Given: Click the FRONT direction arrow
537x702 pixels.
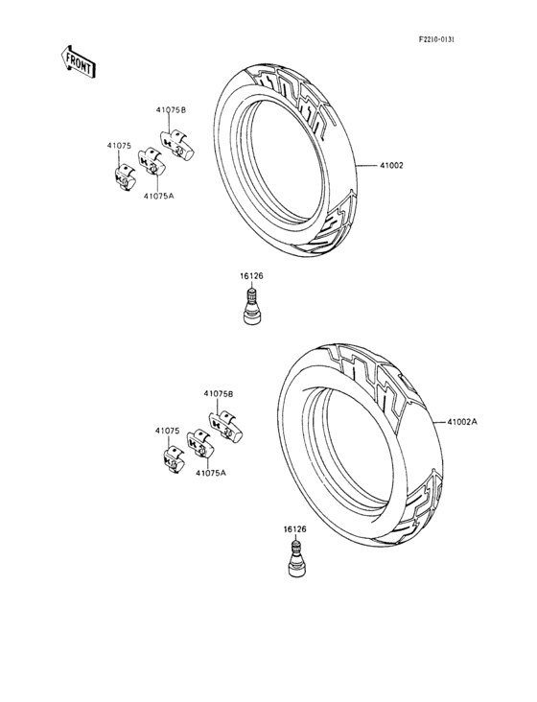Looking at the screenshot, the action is point(79,61).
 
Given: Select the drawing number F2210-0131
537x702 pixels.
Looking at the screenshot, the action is point(436,40).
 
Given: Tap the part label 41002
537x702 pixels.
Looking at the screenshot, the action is point(391,166).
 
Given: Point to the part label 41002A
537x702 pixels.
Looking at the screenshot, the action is point(462,421).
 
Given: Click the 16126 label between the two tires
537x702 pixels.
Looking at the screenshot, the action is point(251,276).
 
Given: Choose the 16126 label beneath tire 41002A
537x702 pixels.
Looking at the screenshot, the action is point(295,529).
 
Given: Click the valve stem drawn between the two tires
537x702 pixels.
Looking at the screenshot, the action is point(252,307).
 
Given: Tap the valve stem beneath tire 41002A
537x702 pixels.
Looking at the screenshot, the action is point(296,559).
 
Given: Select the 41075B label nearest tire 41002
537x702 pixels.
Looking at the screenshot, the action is point(171,110).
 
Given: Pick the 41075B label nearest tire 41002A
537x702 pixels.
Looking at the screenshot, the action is point(219,394).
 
